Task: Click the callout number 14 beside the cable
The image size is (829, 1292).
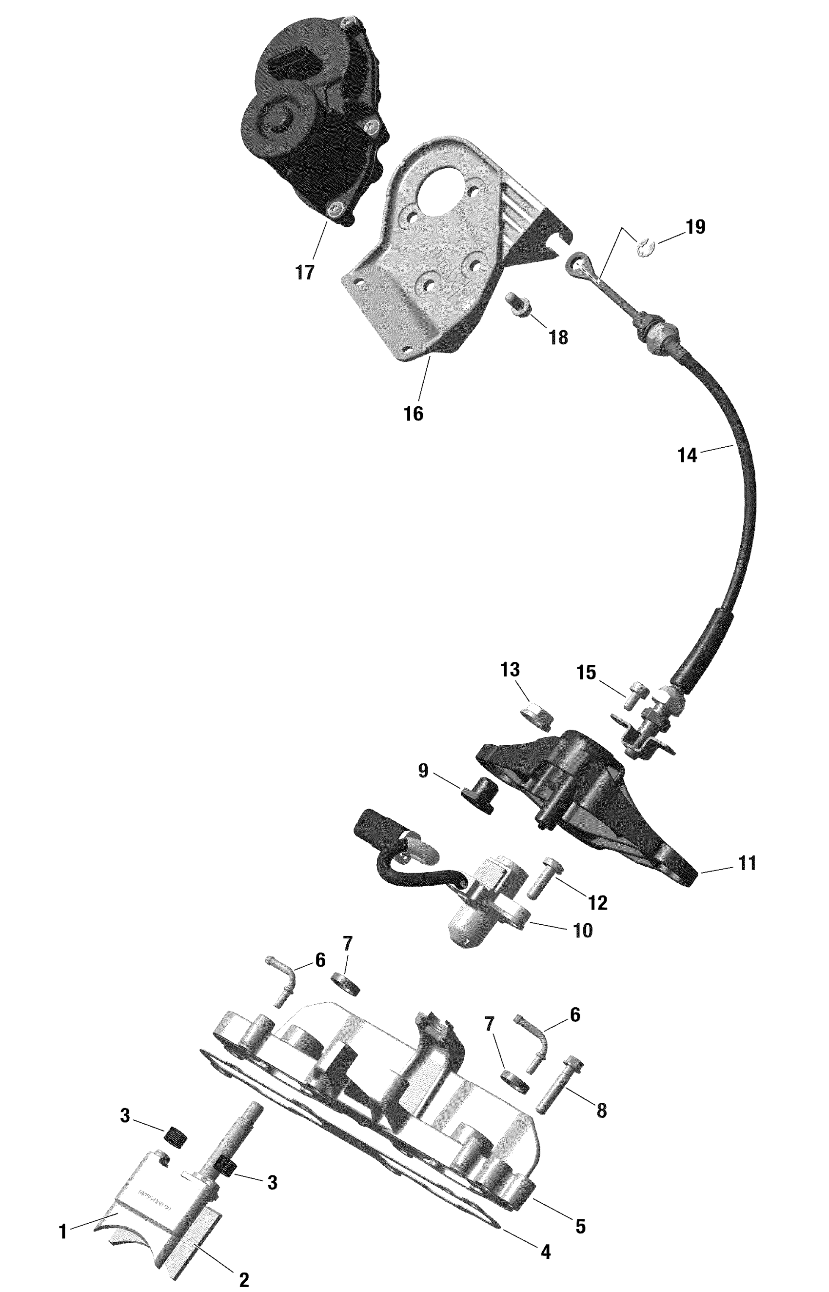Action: pyautogui.click(x=688, y=456)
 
